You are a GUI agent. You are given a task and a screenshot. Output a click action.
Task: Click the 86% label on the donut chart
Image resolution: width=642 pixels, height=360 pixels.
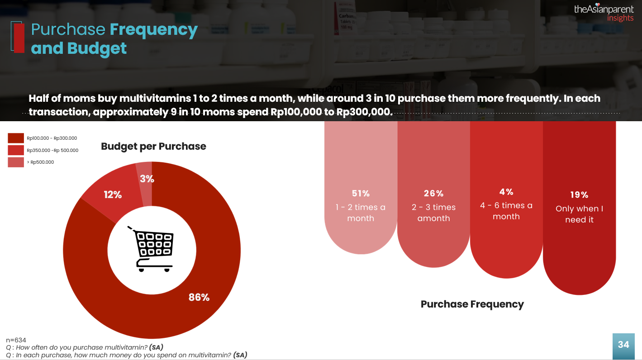point(199,297)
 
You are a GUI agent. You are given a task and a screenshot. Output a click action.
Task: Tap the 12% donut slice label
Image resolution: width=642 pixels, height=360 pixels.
point(113,194)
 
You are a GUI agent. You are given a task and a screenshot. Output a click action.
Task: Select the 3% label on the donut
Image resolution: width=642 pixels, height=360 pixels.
point(147,179)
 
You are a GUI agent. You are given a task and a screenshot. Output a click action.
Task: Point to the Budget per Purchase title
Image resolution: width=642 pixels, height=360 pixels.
point(153,146)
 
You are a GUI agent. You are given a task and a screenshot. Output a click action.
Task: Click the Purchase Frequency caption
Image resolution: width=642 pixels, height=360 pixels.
point(472,304)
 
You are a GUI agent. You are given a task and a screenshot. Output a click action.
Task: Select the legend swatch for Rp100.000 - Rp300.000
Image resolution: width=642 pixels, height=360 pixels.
point(16,138)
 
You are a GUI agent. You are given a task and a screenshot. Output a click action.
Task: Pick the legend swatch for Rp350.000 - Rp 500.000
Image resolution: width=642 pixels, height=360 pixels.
point(16,150)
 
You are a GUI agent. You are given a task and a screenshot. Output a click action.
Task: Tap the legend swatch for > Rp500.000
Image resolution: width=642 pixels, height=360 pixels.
point(16,162)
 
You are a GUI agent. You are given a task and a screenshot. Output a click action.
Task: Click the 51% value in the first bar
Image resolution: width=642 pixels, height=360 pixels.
point(361,193)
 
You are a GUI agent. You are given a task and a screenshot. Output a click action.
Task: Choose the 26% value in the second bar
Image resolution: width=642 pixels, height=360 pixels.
point(433,193)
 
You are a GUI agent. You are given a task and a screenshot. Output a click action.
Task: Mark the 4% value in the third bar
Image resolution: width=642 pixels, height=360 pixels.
point(506,192)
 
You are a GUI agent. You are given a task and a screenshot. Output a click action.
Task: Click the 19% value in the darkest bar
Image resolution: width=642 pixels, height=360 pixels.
point(579,194)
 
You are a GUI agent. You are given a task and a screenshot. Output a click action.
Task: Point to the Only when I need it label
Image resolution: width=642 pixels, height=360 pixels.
point(579,214)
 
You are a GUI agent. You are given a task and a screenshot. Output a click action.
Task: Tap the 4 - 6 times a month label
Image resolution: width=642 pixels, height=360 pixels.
point(506,211)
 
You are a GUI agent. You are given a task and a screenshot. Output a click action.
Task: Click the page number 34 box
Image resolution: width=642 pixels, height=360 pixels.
point(623,345)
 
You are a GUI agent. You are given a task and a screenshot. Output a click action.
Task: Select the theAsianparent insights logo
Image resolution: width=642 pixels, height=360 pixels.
point(604,13)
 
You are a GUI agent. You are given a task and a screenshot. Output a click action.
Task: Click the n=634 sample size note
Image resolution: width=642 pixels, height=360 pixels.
point(16,340)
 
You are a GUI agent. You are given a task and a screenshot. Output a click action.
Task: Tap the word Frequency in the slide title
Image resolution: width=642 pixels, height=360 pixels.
point(154,29)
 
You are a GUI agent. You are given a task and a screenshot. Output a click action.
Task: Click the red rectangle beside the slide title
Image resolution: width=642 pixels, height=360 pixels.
point(19,38)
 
